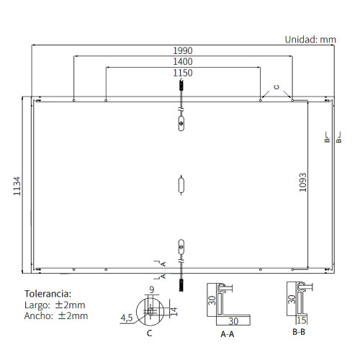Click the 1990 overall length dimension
click(x=183, y=50)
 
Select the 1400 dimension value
click(x=183, y=62)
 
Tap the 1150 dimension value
click(x=183, y=73)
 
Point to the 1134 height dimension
click(x=17, y=186)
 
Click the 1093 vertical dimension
click(x=303, y=182)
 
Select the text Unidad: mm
click(x=310, y=40)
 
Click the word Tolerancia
click(x=48, y=294)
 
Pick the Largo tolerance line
click(x=55, y=305)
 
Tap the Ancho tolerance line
click(x=56, y=315)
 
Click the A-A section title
click(x=228, y=334)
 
